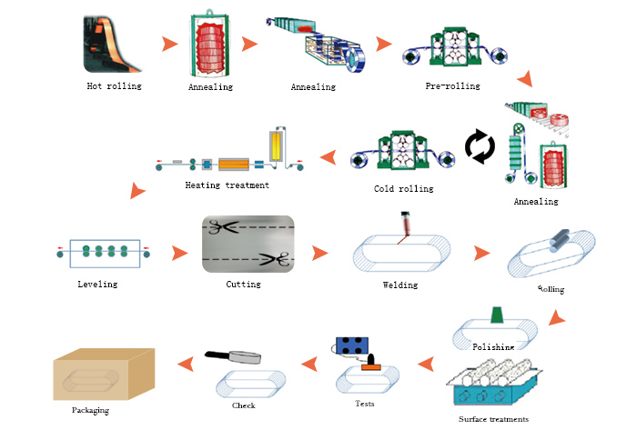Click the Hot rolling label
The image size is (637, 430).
coord(115,86)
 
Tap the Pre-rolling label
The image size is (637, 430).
coord(452,86)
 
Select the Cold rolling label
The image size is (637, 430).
coord(403,189)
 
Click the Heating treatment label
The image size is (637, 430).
coord(227,185)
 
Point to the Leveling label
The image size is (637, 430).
coord(97,284)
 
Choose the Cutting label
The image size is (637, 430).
coord(243,284)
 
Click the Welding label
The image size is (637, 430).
coord(400,285)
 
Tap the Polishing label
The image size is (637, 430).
coord(493,346)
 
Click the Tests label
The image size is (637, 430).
coord(365,403)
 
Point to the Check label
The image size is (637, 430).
coord(244,405)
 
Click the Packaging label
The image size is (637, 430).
coord(90,410)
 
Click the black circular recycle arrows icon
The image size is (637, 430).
coord(480,147)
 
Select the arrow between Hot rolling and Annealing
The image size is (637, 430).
coord(168,43)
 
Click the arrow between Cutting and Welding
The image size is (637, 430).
coord(318,253)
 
